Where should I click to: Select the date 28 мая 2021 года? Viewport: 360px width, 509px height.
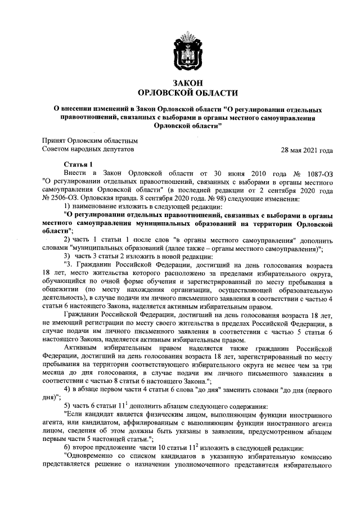coord(307,151)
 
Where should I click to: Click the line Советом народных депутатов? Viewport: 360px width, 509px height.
coord(88,150)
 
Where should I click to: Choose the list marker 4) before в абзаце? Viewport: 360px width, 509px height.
coord(67,389)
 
